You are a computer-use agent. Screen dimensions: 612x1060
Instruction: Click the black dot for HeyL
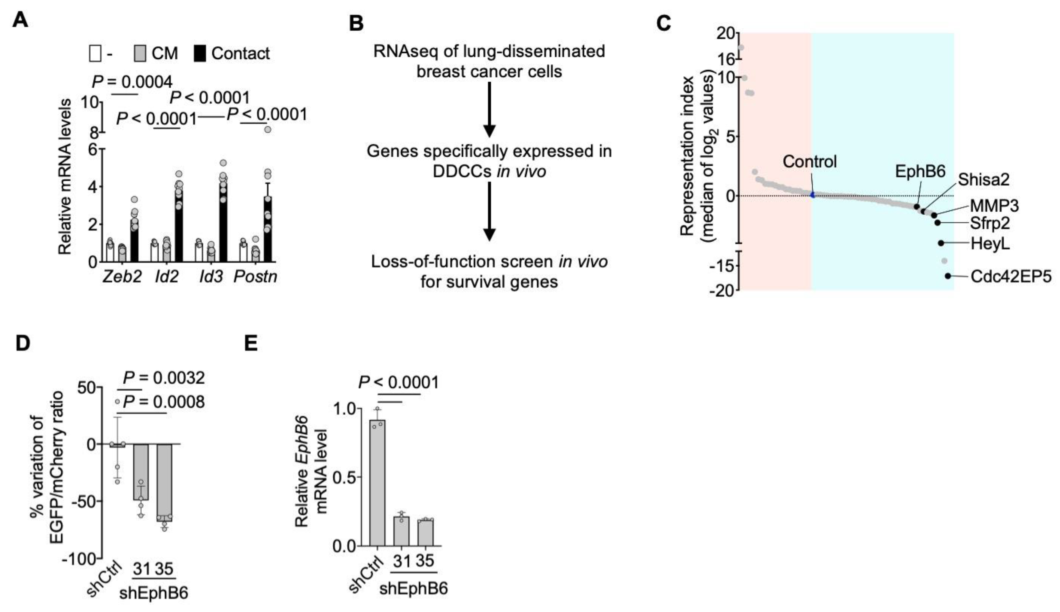[941, 243]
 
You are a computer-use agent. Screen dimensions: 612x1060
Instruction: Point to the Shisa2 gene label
[983, 180]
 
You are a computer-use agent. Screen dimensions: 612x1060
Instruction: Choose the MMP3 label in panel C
[994, 206]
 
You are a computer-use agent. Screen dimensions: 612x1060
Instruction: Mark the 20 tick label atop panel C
[727, 33]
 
